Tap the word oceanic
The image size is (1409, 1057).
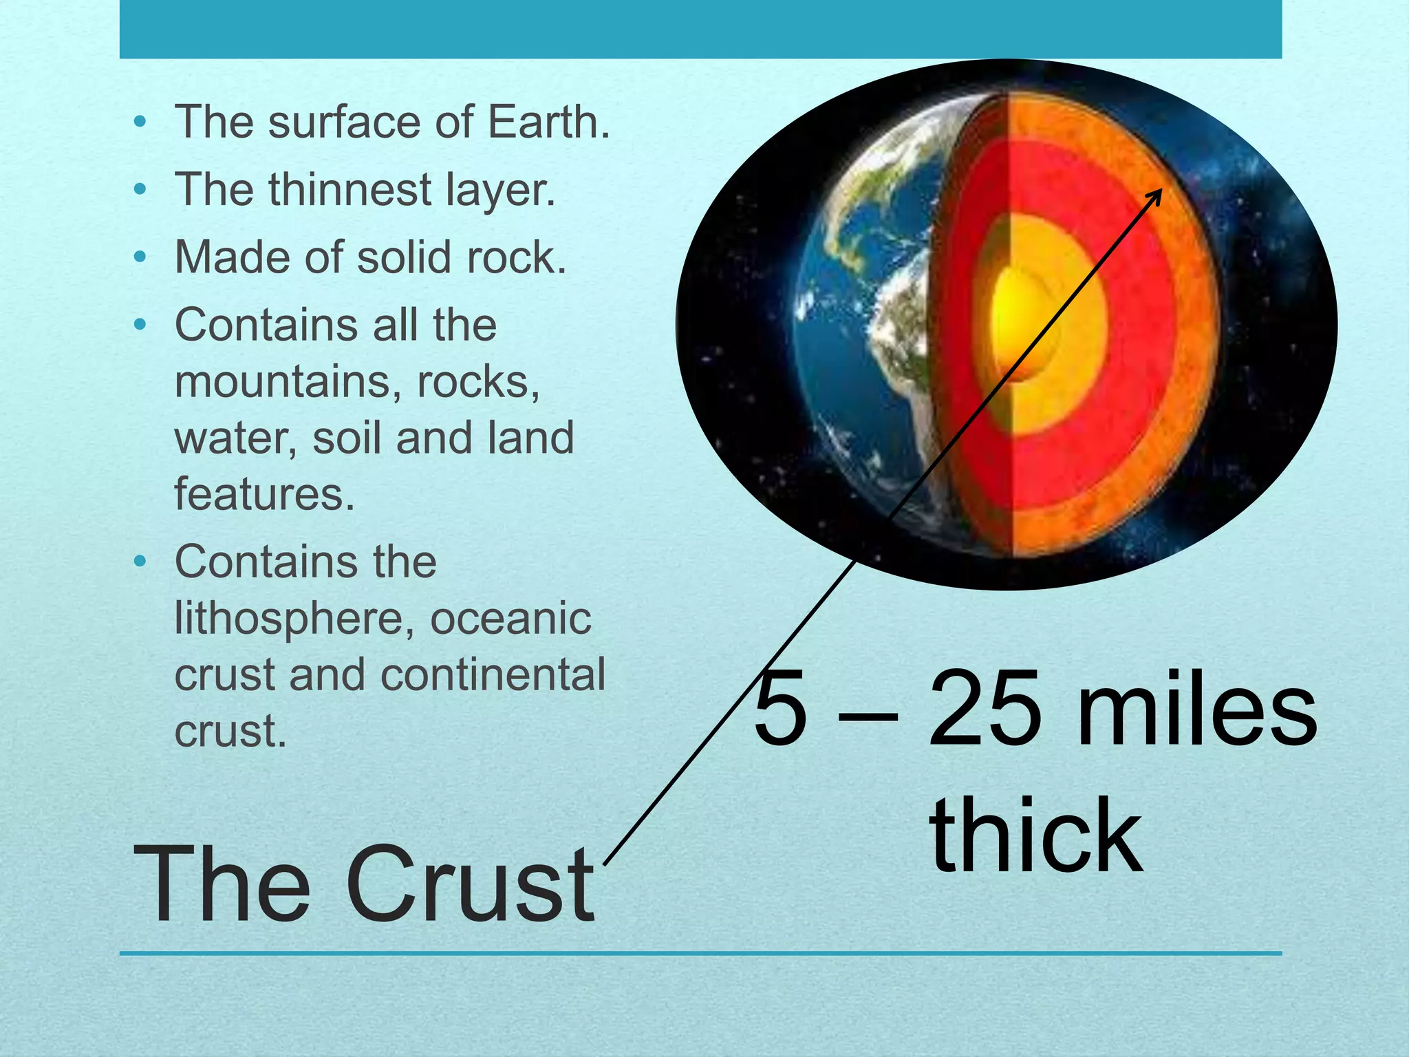pyautogui.click(x=510, y=619)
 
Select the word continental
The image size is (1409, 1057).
pyautogui.click(x=493, y=675)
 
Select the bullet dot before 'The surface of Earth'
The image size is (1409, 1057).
pyautogui.click(x=140, y=122)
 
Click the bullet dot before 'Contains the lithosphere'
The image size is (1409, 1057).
pyautogui.click(x=140, y=562)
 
